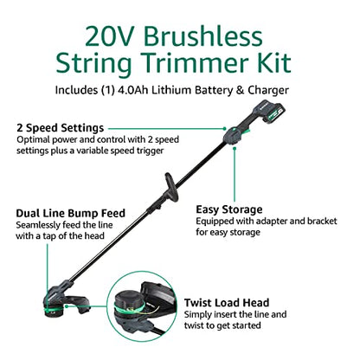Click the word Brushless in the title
203,36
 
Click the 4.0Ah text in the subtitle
133,90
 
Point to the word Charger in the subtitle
268,90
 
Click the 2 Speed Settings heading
61,128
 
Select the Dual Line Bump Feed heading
71,213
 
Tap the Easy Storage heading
229,209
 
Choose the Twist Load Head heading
227,303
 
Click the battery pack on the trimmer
270,112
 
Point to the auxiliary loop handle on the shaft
171,188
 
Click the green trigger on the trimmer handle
246,132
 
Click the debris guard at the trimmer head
76,304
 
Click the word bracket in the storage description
322,222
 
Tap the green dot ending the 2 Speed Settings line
225,129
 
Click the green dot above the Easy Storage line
235,149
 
